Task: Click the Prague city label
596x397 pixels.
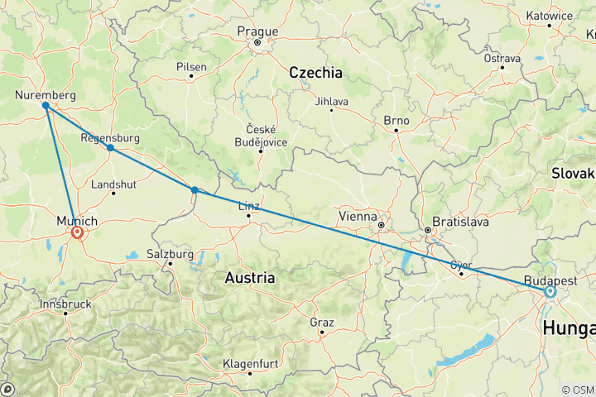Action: point(257,31)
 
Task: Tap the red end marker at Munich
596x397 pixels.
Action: point(77,233)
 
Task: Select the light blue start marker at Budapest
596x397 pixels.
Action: point(550,291)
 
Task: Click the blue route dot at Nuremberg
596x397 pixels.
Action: point(45,106)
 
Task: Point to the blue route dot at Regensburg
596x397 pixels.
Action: point(109,148)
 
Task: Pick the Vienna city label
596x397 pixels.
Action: point(358,216)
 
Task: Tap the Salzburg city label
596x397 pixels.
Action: point(170,254)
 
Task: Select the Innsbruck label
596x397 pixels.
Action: point(66,304)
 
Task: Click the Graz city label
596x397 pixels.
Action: point(321,322)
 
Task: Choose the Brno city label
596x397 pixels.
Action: point(397,120)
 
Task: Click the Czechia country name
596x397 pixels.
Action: point(315,73)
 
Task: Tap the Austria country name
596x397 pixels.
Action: point(250,279)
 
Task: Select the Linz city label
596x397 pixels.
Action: point(249,206)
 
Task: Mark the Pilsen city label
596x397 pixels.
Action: point(191,66)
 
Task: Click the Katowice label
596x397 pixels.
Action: point(548,15)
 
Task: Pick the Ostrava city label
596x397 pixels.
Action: point(503,59)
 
